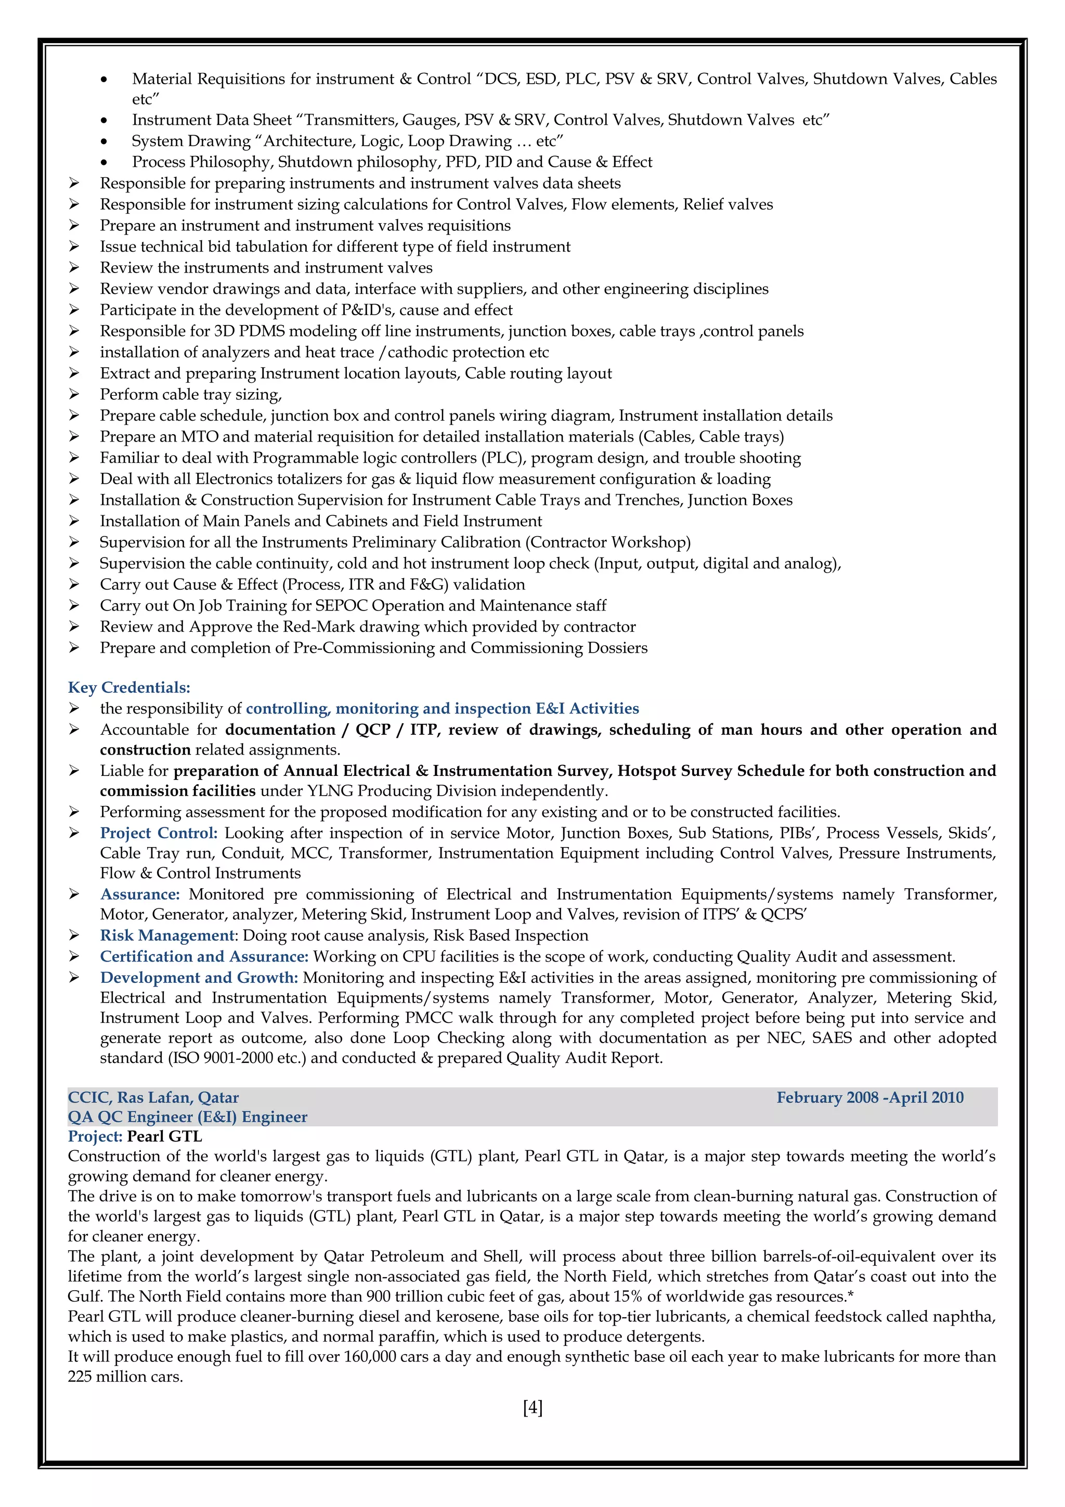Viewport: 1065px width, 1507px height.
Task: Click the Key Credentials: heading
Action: click(x=128, y=687)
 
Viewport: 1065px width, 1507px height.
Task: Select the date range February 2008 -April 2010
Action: click(x=869, y=1097)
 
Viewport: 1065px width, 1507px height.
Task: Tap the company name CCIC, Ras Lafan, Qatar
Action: click(x=153, y=1097)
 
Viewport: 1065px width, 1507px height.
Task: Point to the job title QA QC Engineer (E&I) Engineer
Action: click(x=187, y=1116)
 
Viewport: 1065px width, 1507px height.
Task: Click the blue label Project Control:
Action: click(x=158, y=833)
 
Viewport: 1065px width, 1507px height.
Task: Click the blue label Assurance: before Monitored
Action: click(x=140, y=894)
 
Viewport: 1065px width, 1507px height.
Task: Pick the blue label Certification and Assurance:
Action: click(x=204, y=956)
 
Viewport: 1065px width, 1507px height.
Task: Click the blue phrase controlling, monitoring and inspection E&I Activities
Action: click(x=441, y=708)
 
